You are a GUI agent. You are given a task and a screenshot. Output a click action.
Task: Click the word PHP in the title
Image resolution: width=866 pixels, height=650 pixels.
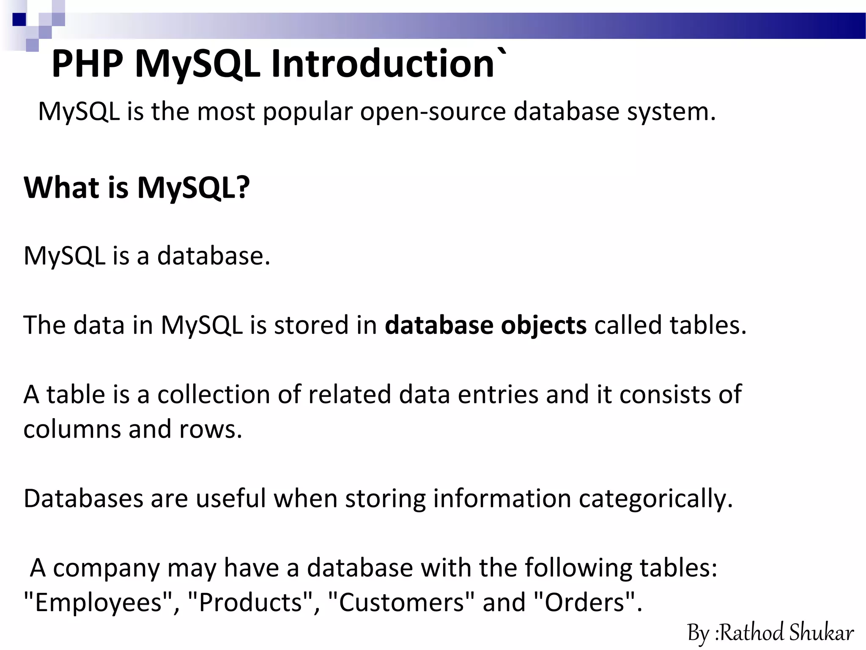point(88,64)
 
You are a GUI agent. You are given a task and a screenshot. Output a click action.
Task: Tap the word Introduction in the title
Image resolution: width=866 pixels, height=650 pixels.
point(383,64)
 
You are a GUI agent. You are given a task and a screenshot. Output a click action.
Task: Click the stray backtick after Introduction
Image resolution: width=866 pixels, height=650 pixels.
point(502,52)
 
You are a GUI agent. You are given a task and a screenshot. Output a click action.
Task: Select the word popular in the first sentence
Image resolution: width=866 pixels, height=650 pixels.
point(307,113)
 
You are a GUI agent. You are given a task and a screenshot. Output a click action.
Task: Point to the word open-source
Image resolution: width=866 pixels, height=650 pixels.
point(433,113)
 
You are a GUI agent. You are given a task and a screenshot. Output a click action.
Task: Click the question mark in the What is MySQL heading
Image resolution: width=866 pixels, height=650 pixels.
point(242,187)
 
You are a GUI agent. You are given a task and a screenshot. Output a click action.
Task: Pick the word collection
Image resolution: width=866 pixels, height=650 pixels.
point(214,395)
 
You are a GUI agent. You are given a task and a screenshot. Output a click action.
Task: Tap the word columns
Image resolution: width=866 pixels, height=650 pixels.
point(72,430)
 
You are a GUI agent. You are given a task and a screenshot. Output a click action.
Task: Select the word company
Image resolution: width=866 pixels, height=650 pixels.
point(106,568)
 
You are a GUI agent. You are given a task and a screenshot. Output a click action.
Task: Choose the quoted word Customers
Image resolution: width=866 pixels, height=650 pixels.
point(401,603)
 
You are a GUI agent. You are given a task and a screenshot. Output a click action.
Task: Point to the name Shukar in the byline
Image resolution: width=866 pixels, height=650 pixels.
point(821,633)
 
